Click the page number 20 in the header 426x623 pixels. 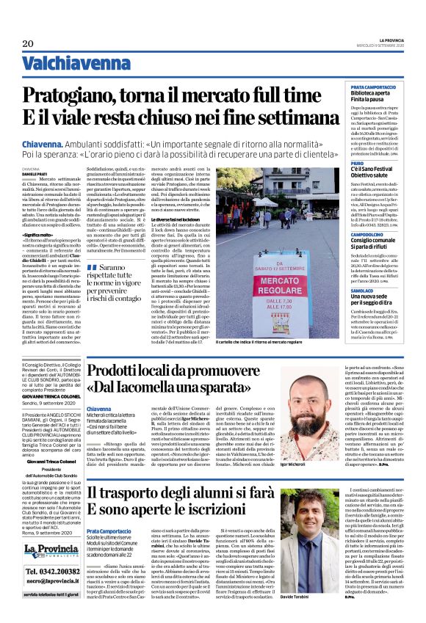28,44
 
